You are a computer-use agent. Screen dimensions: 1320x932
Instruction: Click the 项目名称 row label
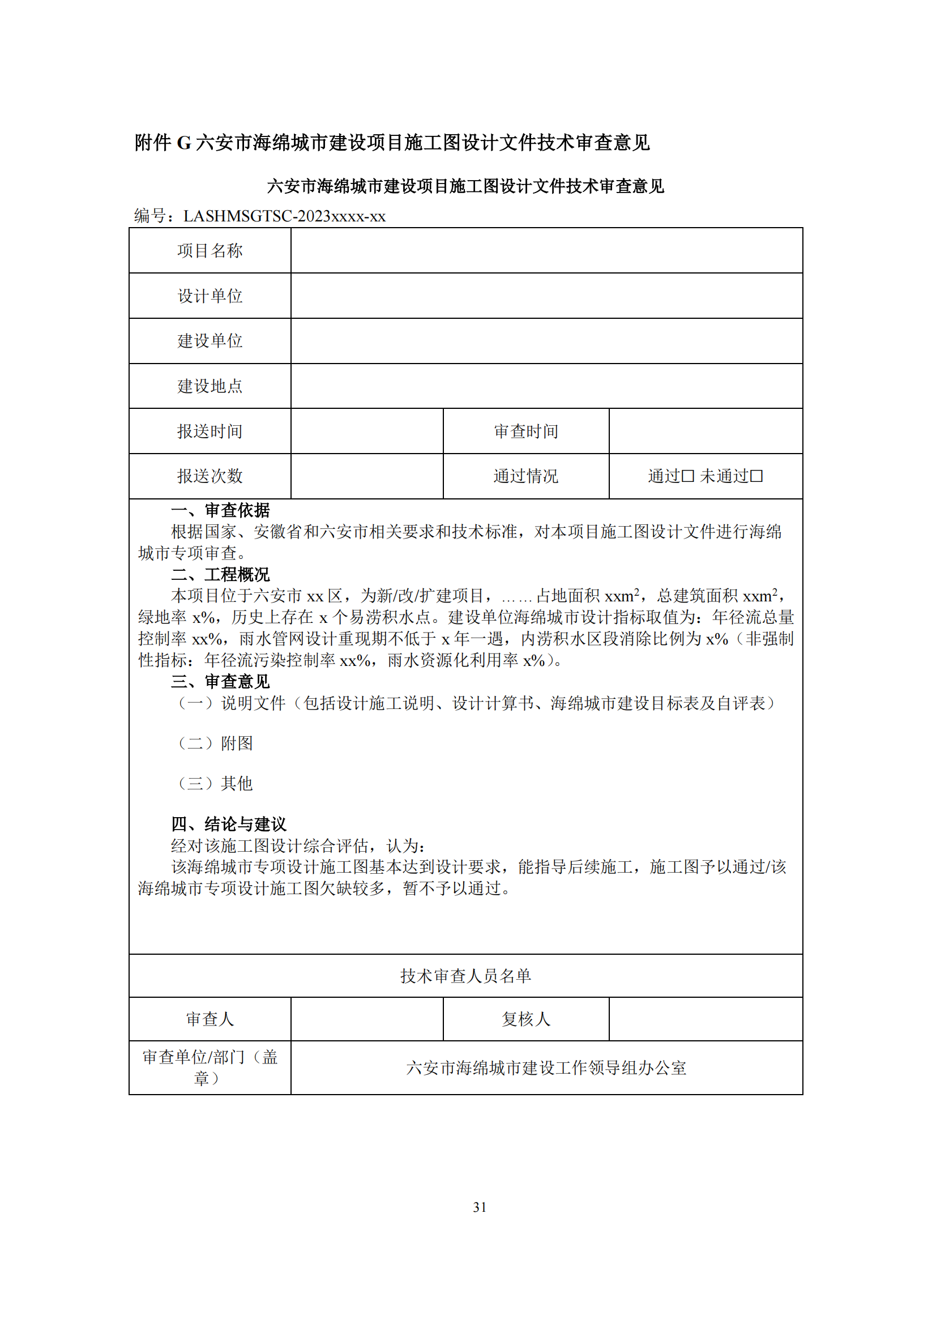coord(210,251)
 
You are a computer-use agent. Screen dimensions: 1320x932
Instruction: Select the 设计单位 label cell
coord(210,296)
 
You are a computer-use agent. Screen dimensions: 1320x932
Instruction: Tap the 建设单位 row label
coord(210,341)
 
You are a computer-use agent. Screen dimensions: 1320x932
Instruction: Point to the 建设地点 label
coord(210,386)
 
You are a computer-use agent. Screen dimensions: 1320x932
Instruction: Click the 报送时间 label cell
coord(210,431)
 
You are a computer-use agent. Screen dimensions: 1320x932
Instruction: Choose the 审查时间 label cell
coord(525,431)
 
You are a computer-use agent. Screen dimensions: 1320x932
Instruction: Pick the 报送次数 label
coord(210,476)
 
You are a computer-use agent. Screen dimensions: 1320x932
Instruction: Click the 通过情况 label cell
coord(525,476)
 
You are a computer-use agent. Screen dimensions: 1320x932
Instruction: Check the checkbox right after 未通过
coord(756,476)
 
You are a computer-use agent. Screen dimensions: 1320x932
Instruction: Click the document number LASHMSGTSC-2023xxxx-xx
coord(284,216)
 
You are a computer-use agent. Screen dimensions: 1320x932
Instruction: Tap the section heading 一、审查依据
coord(220,510)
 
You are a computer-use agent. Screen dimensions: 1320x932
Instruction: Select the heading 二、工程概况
coord(220,574)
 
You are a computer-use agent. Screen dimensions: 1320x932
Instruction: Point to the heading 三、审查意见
coord(220,682)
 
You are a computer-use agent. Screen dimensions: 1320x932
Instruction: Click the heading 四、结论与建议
coord(228,825)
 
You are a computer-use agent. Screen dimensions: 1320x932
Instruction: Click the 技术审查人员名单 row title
coord(465,976)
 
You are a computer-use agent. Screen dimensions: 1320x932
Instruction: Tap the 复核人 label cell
coord(525,1019)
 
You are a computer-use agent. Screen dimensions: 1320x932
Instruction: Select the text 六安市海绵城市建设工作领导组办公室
coord(546,1068)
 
